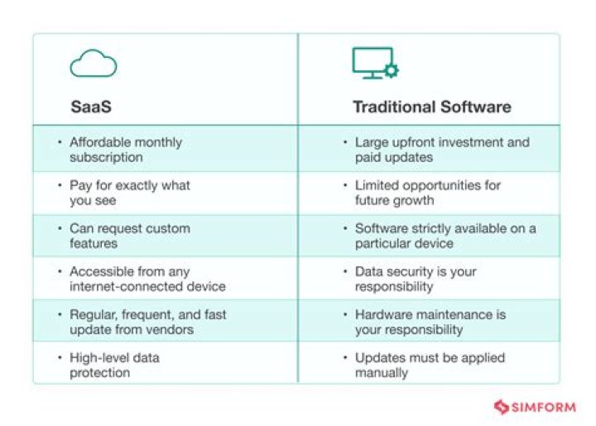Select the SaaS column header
(89, 107)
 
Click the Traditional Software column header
(431, 107)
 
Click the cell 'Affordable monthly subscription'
(125, 150)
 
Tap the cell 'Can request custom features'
(129, 236)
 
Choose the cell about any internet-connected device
(147, 279)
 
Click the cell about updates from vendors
(147, 322)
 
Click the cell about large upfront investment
(441, 150)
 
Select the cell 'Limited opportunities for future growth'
(427, 193)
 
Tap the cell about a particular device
(445, 236)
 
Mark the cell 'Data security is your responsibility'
(416, 279)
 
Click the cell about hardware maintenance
(430, 322)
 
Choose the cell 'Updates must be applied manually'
(430, 365)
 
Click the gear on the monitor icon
(391, 71)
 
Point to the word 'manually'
(382, 373)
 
